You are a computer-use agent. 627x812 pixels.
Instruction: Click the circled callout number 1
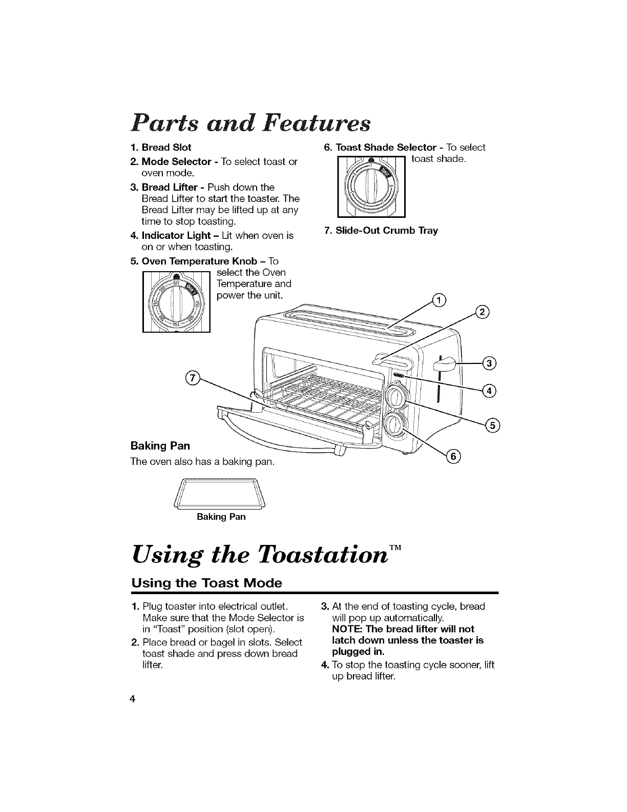(439, 300)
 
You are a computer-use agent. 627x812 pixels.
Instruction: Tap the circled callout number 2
(482, 312)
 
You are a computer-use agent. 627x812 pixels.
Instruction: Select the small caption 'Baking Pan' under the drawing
(221, 517)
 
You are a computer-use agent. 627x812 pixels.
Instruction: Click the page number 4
(133, 700)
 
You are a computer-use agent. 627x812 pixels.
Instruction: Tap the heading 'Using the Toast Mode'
(207, 583)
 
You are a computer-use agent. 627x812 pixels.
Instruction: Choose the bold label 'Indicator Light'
(176, 236)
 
